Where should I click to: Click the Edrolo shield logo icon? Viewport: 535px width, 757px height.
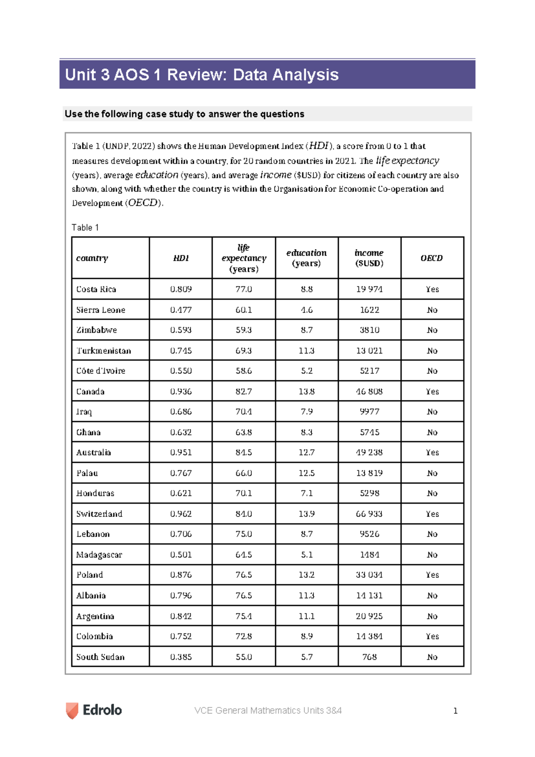72,710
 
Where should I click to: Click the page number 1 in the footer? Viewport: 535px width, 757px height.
455,711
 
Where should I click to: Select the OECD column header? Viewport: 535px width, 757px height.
432,258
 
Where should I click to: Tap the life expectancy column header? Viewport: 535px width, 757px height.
244,258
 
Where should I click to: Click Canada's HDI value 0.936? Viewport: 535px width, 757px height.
181,391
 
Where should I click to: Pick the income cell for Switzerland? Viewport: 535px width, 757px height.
369,514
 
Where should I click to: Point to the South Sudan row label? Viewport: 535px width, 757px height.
100,657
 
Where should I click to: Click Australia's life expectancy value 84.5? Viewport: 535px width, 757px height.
244,453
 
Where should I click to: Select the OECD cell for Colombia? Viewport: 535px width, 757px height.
432,636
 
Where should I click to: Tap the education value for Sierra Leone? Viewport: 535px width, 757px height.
307,310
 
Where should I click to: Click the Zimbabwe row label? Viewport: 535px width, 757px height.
96,330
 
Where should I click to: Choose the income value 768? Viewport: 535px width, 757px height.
369,657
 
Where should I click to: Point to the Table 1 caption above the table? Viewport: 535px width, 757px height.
85,228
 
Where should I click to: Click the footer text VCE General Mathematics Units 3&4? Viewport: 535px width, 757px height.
268,711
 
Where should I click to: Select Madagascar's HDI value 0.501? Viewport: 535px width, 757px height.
181,555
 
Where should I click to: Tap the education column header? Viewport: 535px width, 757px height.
307,258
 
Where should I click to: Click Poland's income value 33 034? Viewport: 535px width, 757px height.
369,575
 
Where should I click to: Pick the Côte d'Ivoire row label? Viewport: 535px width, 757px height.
101,371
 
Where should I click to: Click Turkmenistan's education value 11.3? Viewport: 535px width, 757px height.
307,351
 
